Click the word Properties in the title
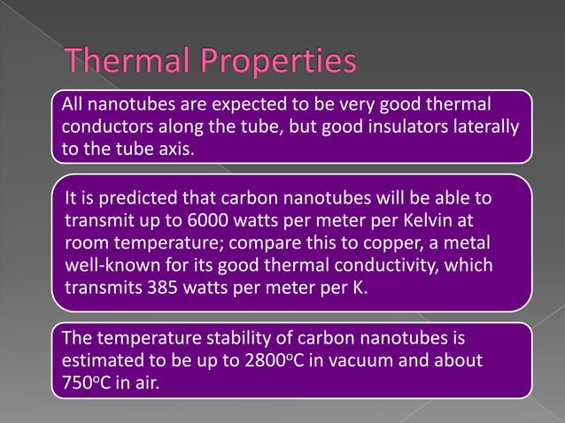285,64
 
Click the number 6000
194,219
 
